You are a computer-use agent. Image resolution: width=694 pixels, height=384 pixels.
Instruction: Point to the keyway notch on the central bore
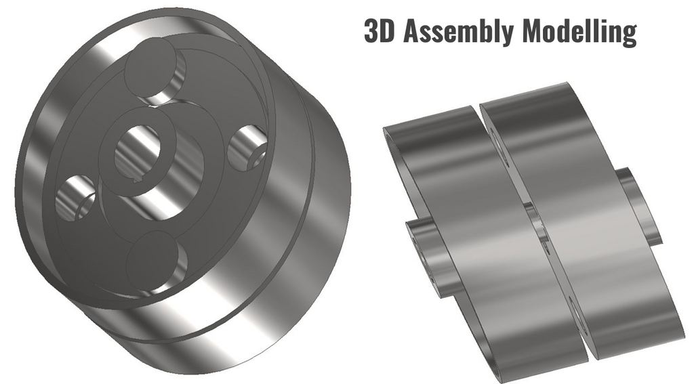point(139,179)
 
